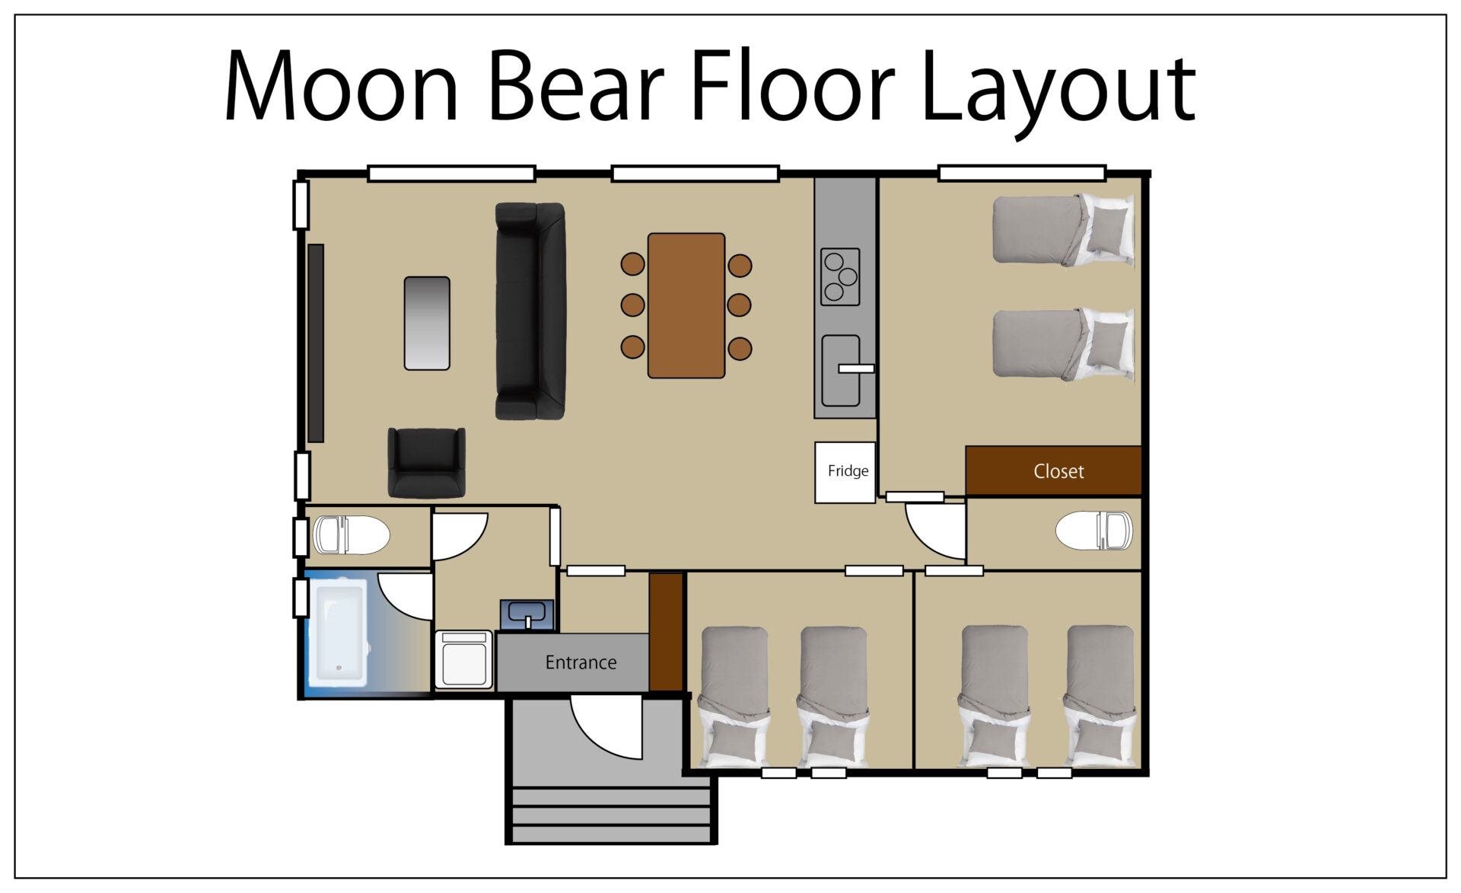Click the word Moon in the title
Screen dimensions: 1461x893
tap(342, 85)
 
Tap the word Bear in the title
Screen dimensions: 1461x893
tap(577, 85)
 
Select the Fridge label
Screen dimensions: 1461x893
tap(848, 471)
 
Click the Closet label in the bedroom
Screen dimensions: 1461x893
tap(1058, 471)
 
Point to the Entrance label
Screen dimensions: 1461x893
tap(581, 662)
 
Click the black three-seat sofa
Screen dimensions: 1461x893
tap(530, 311)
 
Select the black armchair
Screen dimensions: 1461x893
tap(426, 463)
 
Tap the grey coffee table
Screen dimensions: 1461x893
tap(427, 324)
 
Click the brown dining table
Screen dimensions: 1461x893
tap(686, 305)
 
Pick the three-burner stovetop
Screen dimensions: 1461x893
tap(840, 276)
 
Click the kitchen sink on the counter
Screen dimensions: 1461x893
tap(841, 371)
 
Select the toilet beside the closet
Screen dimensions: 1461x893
tap(1094, 531)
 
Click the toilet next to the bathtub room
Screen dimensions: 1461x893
tap(352, 535)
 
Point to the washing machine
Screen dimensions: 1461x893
tap(464, 659)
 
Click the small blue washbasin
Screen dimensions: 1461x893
tap(527, 614)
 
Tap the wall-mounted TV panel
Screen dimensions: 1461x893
tap(316, 343)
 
